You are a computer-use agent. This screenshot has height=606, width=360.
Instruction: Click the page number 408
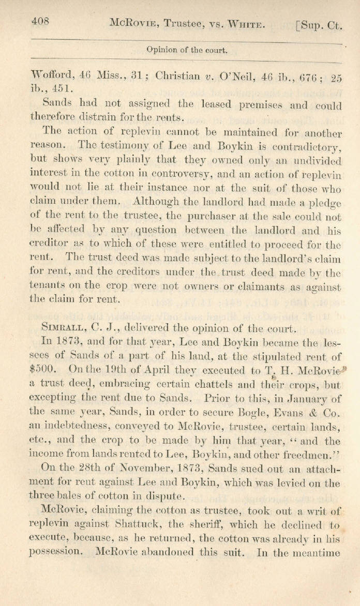40,21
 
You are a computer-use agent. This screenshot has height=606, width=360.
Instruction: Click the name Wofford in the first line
53,75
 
